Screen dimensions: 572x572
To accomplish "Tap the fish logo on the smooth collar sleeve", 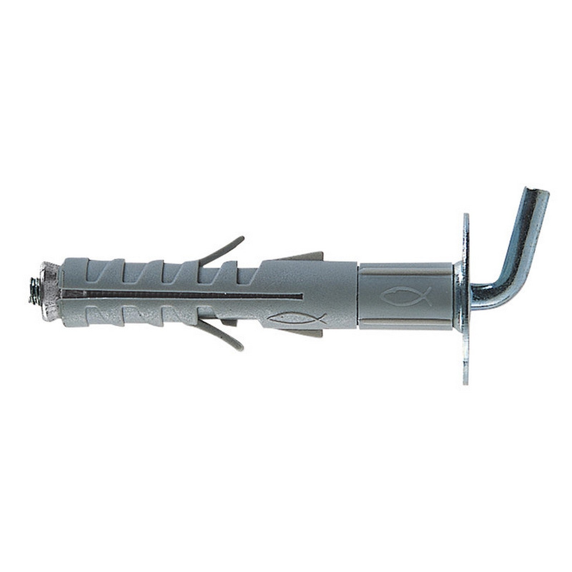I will click(x=405, y=296).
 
